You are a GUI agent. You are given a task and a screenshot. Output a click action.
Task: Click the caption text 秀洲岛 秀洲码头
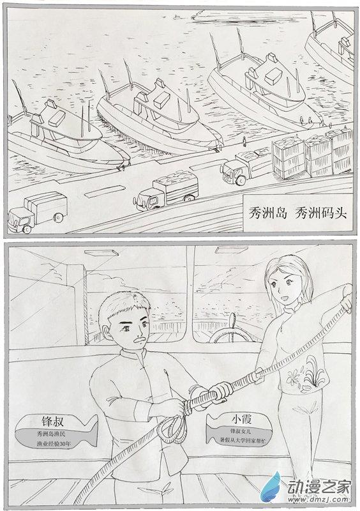click(298, 213)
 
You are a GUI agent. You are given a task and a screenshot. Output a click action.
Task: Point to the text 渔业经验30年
click(54, 443)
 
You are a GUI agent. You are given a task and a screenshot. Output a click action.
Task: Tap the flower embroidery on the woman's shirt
click(305, 375)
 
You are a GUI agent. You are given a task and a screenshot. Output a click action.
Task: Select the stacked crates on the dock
click(311, 154)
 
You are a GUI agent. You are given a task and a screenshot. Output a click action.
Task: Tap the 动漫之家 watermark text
click(319, 487)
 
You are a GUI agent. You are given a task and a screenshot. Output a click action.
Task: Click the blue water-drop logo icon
click(271, 487)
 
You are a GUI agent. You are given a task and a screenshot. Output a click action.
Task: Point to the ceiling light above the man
click(101, 253)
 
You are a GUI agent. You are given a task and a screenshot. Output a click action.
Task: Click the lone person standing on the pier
click(244, 141)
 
